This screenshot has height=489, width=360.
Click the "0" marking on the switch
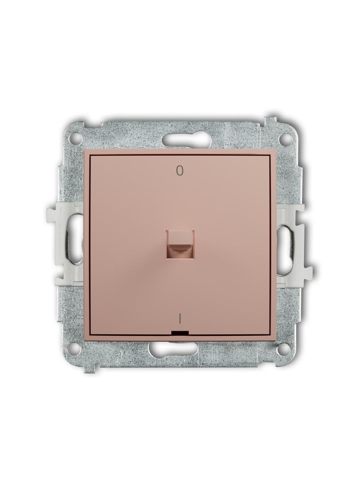(180, 170)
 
